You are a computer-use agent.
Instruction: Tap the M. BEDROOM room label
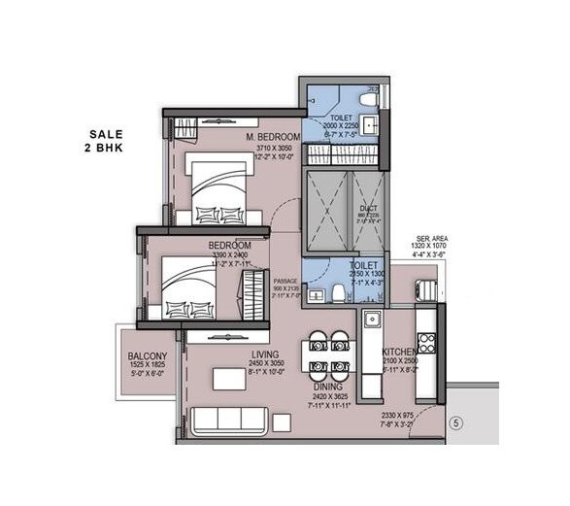[273, 137]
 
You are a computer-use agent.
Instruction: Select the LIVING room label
[264, 354]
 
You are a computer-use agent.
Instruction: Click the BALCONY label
[148, 356]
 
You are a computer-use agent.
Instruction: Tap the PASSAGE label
[285, 281]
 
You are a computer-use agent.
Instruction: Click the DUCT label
[368, 208]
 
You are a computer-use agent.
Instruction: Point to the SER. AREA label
[430, 238]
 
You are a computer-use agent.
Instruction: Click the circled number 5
[454, 422]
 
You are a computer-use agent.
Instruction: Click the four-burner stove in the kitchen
[426, 343]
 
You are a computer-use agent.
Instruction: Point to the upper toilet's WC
[367, 99]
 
